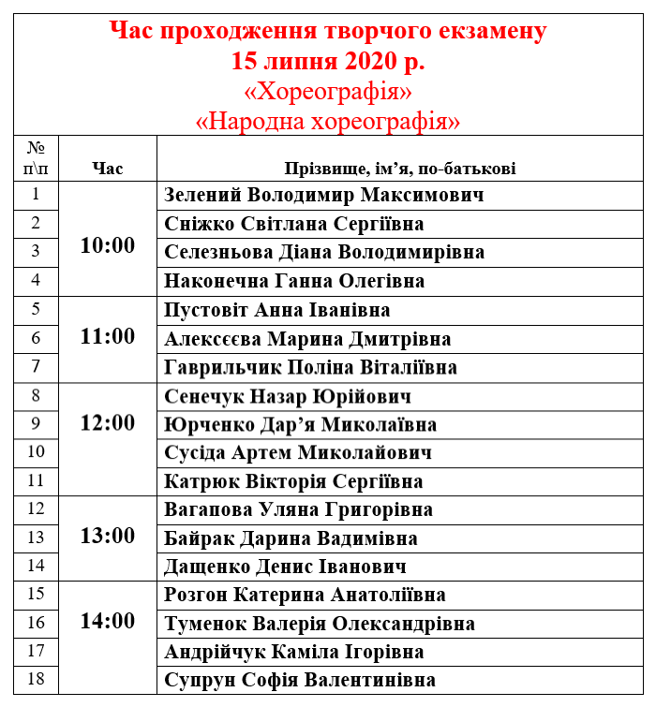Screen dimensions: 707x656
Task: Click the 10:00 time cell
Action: click(108, 246)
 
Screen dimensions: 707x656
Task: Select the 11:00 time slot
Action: click(108, 336)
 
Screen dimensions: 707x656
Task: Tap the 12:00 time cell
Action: click(108, 422)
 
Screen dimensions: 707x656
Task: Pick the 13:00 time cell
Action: click(108, 537)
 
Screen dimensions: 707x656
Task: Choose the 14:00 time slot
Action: click(108, 622)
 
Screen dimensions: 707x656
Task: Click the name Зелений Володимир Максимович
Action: click(323, 196)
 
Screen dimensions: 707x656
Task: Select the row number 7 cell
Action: click(36, 366)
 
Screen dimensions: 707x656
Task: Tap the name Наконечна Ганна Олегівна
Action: click(294, 281)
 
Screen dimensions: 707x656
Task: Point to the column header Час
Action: click(108, 169)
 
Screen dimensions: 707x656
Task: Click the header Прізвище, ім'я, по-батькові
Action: click(400, 169)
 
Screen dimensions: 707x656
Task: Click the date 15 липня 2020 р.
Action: click(328, 62)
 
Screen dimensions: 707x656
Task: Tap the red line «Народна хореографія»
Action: click(328, 121)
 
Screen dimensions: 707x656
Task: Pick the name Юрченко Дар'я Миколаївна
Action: click(300, 425)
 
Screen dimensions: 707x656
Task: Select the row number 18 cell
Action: click(36, 679)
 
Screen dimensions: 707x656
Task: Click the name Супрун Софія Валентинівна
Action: click(300, 681)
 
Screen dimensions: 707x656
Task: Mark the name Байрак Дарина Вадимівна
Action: click(291, 539)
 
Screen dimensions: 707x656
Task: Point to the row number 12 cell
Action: click(36, 508)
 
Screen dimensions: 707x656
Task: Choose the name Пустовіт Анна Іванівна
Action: click(277, 310)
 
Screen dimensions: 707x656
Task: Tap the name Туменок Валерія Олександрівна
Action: click(320, 624)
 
